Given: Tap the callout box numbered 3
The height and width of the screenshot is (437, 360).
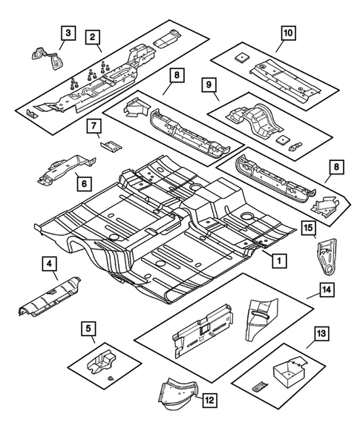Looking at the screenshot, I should pos(68,32).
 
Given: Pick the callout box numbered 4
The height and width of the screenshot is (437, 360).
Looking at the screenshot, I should pos(49,263).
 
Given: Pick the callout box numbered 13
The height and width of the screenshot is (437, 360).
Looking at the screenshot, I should pos(321,335).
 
